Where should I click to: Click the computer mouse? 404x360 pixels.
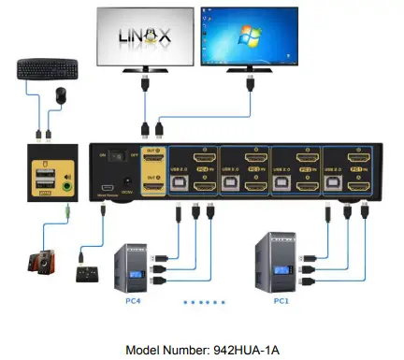[x=60, y=94]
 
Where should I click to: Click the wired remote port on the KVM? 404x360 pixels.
[x=106, y=187]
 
